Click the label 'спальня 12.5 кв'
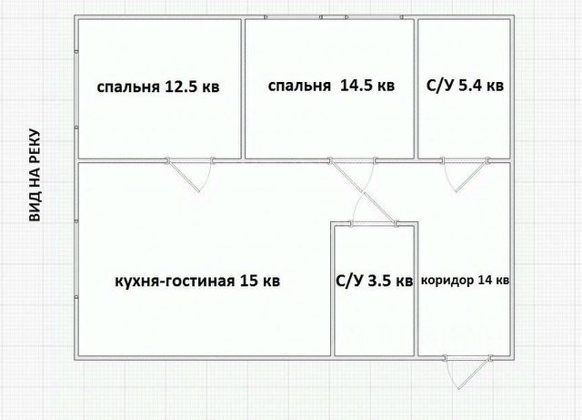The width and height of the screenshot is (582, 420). click(x=158, y=88)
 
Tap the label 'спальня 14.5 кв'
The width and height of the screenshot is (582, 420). click(x=331, y=87)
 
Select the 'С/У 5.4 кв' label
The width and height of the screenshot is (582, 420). click(x=465, y=87)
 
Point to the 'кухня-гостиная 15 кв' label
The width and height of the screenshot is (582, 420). click(x=197, y=281)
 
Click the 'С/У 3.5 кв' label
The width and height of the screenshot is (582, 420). click(x=374, y=281)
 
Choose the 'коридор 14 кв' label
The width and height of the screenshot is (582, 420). click(x=464, y=281)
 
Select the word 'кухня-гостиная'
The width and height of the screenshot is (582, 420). click(x=175, y=281)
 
